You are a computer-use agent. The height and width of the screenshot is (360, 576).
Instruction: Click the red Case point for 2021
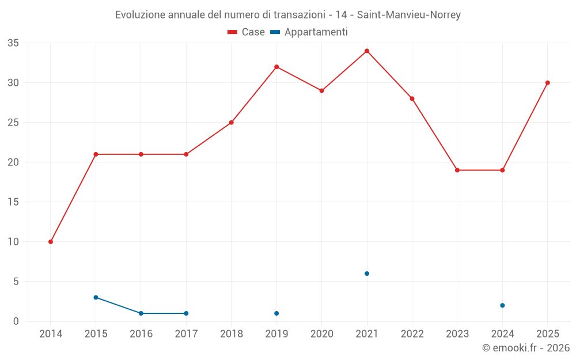[367, 51]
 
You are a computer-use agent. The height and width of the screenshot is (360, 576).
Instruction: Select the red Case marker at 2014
[51, 242]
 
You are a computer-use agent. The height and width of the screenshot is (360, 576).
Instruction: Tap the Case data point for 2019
[276, 67]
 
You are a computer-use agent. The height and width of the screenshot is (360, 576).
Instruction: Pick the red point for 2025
[548, 83]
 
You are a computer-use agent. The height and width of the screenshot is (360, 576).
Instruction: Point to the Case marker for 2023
[457, 170]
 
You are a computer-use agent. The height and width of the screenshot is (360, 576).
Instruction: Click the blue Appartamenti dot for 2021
[367, 274]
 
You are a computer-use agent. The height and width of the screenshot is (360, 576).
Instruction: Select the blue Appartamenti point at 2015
[96, 298]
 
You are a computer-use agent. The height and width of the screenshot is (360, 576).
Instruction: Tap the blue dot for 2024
[502, 305]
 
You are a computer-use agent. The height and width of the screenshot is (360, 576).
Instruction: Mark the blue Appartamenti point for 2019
[276, 313]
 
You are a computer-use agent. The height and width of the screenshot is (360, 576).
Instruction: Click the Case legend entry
[246, 32]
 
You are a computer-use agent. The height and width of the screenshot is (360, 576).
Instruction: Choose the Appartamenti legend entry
[309, 32]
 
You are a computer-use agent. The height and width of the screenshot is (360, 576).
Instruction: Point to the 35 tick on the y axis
[13, 43]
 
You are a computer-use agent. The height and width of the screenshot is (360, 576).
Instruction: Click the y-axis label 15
[13, 202]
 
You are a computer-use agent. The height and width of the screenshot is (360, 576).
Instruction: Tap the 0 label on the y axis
[16, 321]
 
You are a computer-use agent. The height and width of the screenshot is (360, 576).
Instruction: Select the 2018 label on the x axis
[232, 334]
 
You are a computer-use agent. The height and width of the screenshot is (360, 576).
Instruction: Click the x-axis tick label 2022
[412, 334]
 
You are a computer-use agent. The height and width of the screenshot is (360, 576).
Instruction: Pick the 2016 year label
[141, 334]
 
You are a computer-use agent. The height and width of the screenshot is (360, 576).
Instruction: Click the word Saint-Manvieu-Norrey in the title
[408, 15]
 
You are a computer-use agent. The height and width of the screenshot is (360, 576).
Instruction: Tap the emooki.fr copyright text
[525, 348]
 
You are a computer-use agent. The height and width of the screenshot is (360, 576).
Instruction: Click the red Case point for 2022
[412, 98]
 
